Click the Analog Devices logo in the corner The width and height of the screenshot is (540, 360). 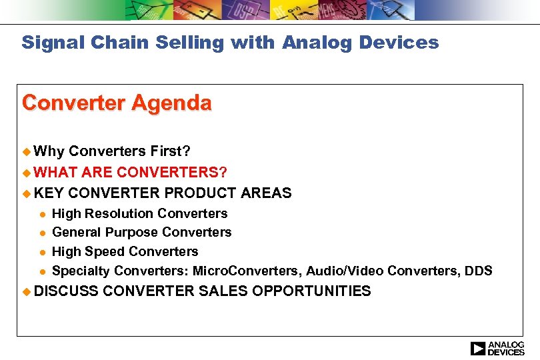point(497,348)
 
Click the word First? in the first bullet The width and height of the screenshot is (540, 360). point(170,152)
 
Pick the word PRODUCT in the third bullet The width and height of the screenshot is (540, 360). point(193,193)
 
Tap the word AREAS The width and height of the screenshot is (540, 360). point(266,193)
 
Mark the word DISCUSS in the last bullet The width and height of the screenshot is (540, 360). point(66,291)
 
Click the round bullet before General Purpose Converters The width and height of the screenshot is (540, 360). point(41,233)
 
